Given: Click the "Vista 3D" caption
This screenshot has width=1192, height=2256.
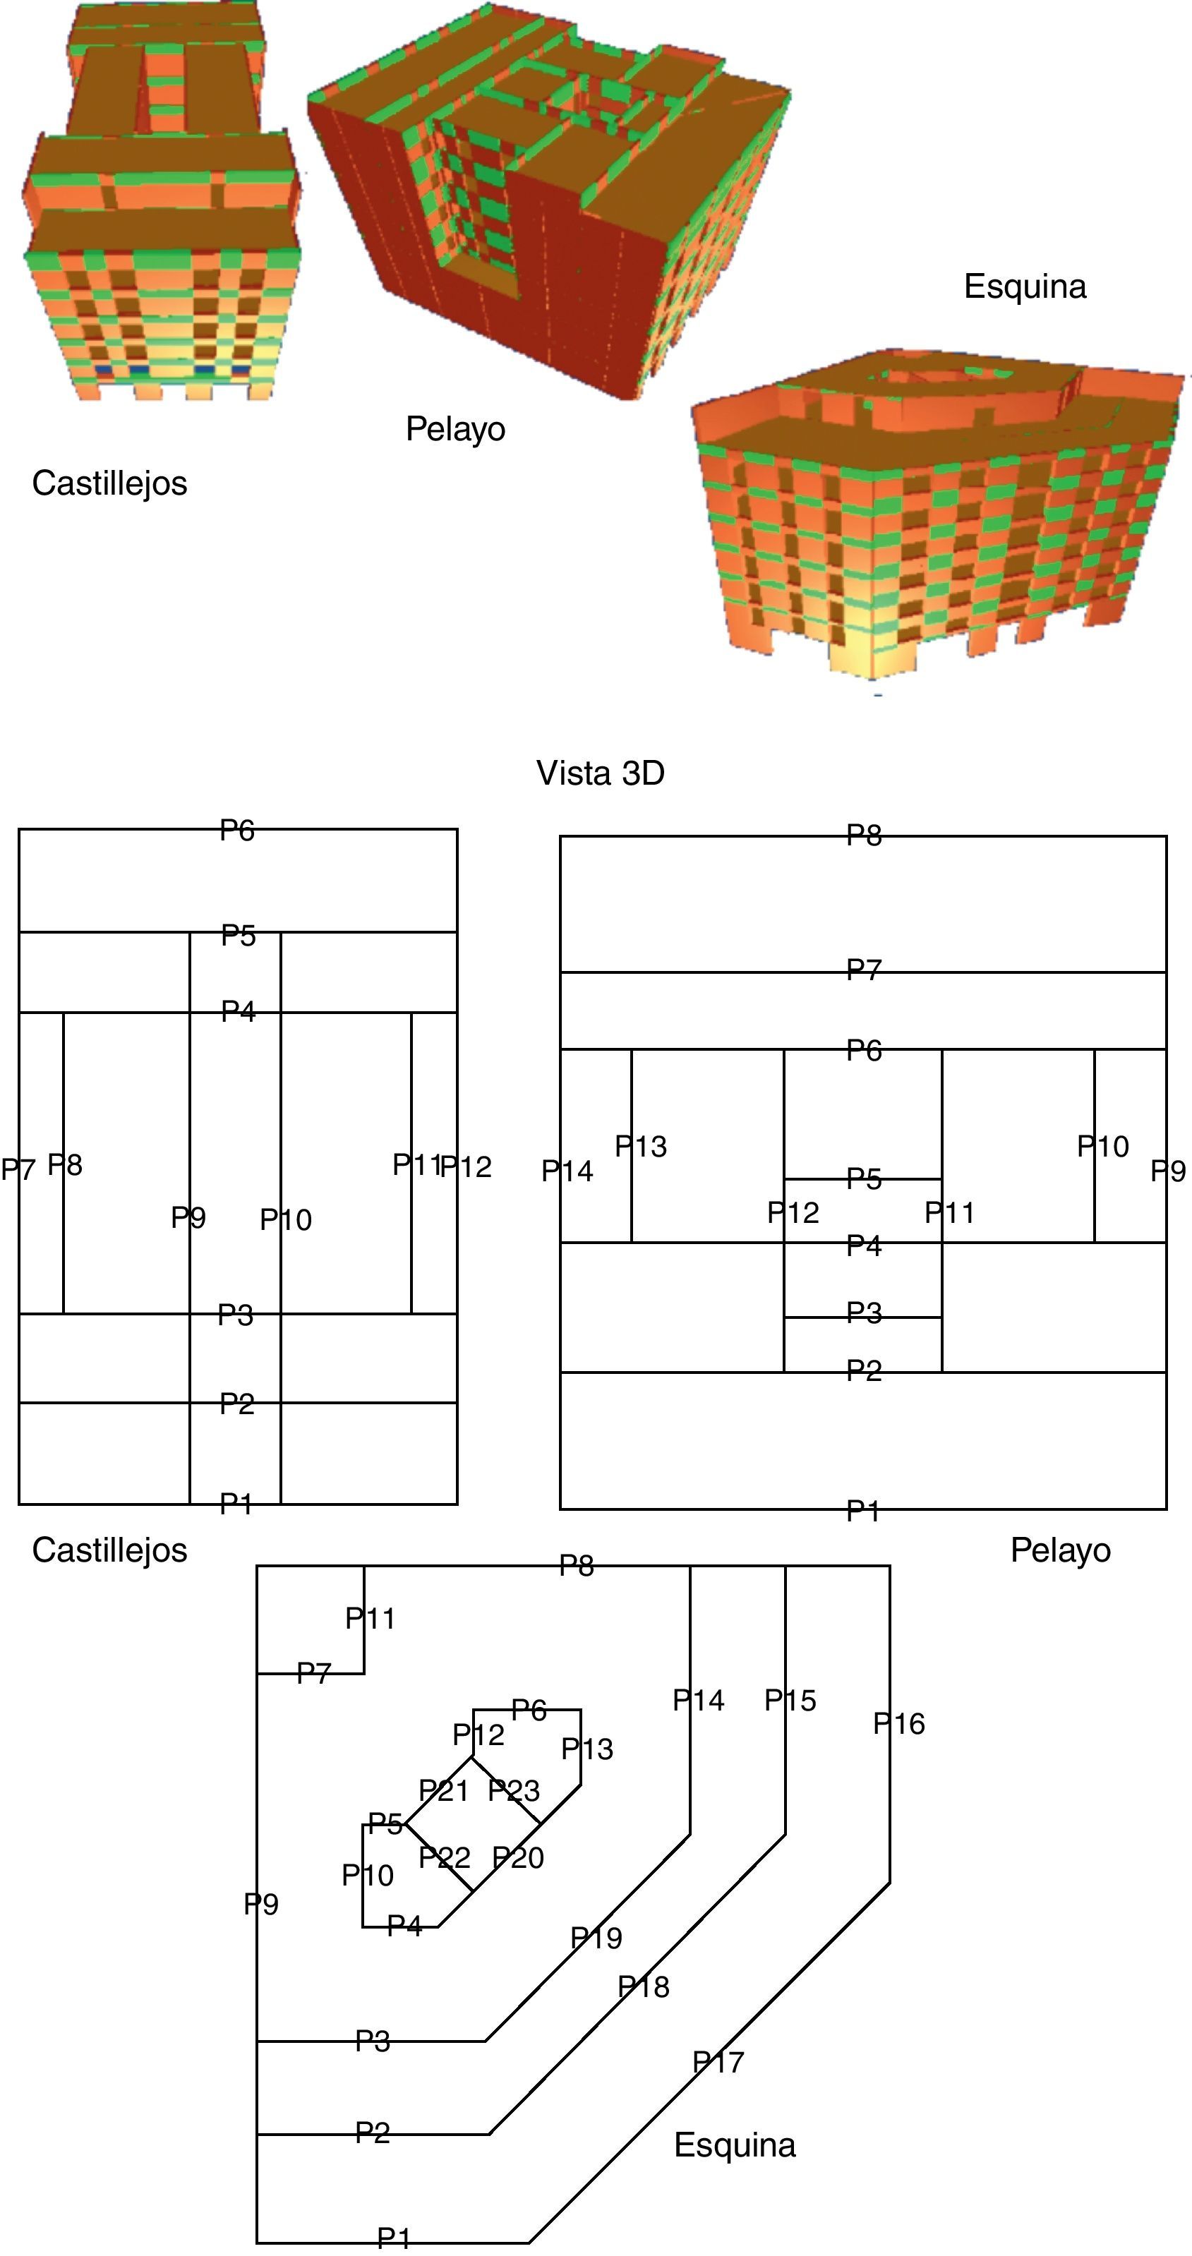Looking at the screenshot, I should coord(600,773).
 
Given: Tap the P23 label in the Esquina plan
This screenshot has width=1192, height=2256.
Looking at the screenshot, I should coord(513,1790).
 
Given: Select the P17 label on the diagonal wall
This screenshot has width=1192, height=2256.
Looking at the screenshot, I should coord(718,2063).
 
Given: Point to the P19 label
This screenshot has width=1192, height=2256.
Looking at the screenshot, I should coord(596,1938).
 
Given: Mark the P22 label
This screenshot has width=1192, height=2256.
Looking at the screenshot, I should coord(444,1857).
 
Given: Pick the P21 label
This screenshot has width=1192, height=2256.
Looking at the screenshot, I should coord(443,1791).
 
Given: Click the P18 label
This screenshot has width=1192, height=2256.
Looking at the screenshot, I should coord(643,1987).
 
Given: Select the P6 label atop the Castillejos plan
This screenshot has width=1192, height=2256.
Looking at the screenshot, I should coord(237,831).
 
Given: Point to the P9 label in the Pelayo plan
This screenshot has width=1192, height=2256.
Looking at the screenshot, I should coord(1167,1171).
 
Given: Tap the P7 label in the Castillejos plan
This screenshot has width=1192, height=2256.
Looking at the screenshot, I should coord(18,1169).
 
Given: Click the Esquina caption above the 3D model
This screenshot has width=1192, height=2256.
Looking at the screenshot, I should coord(1025,286).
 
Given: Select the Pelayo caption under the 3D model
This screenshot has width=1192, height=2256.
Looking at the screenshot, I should coord(455,429).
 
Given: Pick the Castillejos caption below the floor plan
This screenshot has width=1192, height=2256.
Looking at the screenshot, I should coord(109,1550).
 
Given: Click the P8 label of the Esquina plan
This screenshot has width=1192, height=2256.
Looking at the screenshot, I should coord(577,1566).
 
